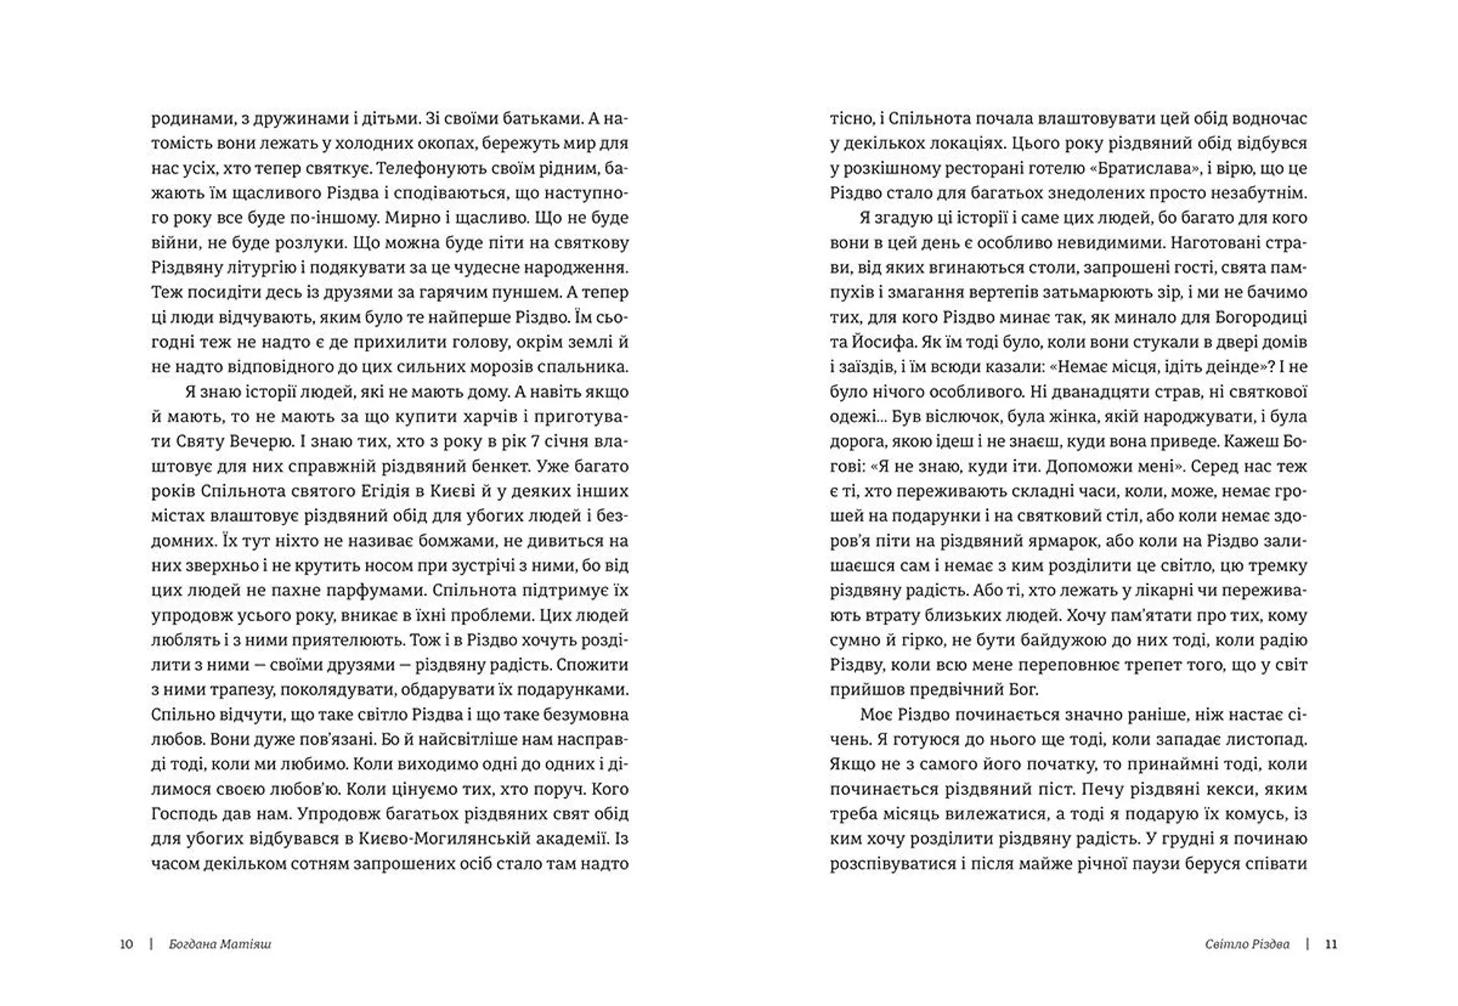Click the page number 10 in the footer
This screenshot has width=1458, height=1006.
[x=127, y=945]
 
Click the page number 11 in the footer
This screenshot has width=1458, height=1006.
[x=1330, y=945]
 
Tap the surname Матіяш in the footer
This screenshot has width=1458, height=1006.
[x=245, y=945]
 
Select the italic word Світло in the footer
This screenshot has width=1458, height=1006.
[x=1226, y=945]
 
